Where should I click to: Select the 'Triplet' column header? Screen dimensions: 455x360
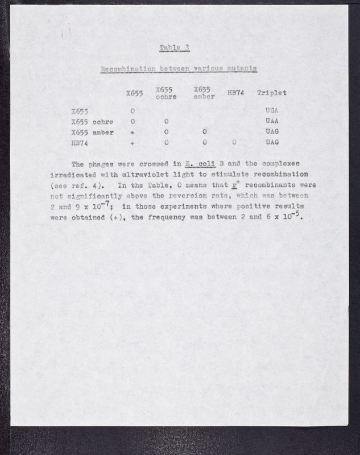(x=271, y=93)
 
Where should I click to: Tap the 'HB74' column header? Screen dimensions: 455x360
(x=235, y=93)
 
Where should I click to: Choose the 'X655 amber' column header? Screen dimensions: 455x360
(x=202, y=93)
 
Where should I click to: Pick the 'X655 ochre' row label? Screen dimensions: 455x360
(x=92, y=122)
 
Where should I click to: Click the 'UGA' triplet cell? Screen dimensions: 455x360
(x=271, y=111)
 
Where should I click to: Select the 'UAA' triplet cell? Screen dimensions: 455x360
(x=271, y=122)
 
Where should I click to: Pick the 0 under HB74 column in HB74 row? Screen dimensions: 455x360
(x=234, y=143)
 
